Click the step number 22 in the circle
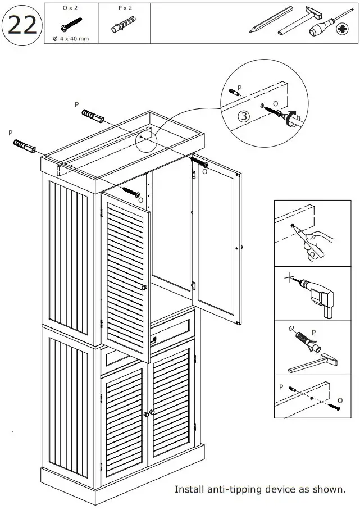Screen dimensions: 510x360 (x=22, y=25)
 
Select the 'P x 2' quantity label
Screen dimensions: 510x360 (x=125, y=8)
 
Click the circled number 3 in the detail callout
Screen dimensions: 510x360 (x=243, y=117)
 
